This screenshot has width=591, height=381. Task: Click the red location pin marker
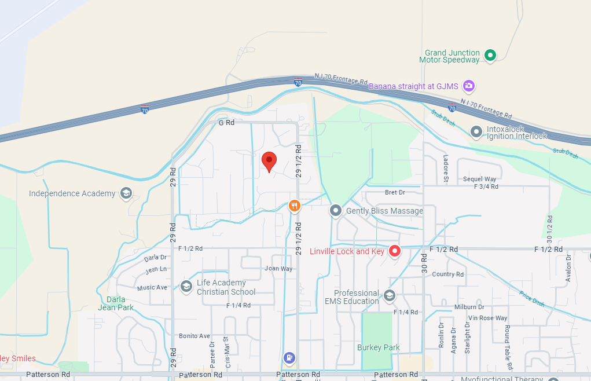click(x=269, y=161)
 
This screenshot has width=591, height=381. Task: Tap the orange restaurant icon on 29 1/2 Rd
click(x=295, y=206)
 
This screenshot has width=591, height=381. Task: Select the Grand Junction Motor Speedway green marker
click(x=490, y=56)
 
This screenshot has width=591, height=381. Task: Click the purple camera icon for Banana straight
click(x=469, y=86)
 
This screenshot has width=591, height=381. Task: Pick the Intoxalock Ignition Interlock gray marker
click(x=476, y=132)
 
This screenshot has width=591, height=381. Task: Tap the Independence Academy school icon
click(x=126, y=193)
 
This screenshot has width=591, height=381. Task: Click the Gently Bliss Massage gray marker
click(x=336, y=211)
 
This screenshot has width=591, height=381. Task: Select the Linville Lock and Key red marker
click(x=395, y=251)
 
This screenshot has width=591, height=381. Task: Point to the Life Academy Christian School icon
click(x=186, y=287)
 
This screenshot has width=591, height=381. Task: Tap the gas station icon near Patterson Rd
click(x=289, y=358)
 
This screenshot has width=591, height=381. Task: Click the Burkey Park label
click(x=379, y=347)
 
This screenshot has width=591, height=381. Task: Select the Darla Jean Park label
click(x=120, y=303)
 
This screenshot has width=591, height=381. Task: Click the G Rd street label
click(x=226, y=123)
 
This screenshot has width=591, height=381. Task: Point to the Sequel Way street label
click(x=480, y=179)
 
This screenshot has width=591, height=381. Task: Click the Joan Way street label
click(x=278, y=269)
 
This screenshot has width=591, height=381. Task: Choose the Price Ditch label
click(x=531, y=298)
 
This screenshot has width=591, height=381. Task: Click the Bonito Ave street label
click(x=194, y=336)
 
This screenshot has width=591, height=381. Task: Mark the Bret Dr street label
click(x=395, y=192)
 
